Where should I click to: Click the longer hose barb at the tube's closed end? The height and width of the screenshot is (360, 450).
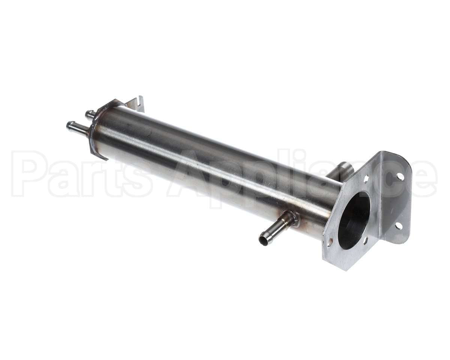click(x=76, y=128)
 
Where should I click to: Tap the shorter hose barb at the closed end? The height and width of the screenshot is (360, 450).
click(x=90, y=114)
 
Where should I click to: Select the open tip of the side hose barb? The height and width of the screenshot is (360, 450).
click(x=263, y=240)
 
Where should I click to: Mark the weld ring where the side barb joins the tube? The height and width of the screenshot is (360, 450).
click(x=292, y=219)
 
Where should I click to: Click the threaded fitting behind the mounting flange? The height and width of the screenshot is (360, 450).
click(x=342, y=172)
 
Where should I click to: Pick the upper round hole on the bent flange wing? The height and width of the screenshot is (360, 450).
click(x=400, y=176)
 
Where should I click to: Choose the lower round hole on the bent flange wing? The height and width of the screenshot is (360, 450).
click(x=398, y=226)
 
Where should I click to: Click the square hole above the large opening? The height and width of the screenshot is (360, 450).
click(x=366, y=179)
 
